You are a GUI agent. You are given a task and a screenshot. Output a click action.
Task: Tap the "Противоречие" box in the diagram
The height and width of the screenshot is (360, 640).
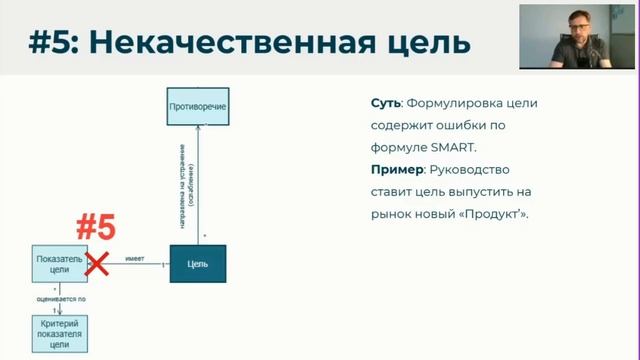tap(197, 105)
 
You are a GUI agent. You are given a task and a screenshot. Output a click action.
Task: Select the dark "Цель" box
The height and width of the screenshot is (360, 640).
tap(197, 263)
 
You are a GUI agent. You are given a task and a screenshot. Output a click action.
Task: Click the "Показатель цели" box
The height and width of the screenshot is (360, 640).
tap(58, 263)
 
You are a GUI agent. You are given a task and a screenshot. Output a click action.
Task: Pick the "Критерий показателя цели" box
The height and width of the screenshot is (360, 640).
tap(58, 332)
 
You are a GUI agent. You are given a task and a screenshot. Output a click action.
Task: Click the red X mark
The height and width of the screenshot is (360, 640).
tap(97, 263)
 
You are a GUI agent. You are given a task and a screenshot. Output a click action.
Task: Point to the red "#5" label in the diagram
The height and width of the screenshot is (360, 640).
tap(97, 228)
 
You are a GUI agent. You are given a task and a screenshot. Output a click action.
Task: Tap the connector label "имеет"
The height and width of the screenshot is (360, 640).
tap(135, 258)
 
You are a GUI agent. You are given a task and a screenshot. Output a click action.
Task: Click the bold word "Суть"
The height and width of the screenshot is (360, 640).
tap(385, 103)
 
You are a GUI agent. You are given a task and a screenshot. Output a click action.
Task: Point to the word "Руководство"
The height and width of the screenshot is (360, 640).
tap(479, 169)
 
